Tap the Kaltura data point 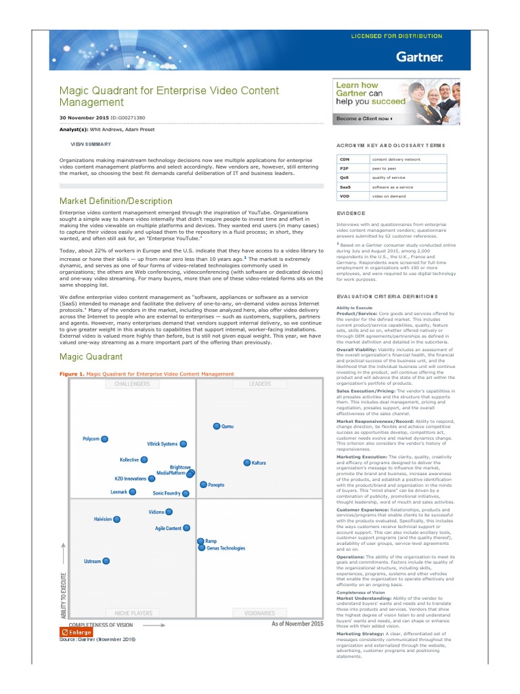[x=247, y=462]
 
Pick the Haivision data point [x=117, y=519]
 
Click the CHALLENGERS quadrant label [x=127, y=384]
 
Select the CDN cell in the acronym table [x=344, y=159]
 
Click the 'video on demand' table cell [x=389, y=196]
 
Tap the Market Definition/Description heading [x=116, y=201]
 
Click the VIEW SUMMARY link [x=91, y=144]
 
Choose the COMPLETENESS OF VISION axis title [x=101, y=624]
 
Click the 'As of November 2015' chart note [x=297, y=623]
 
